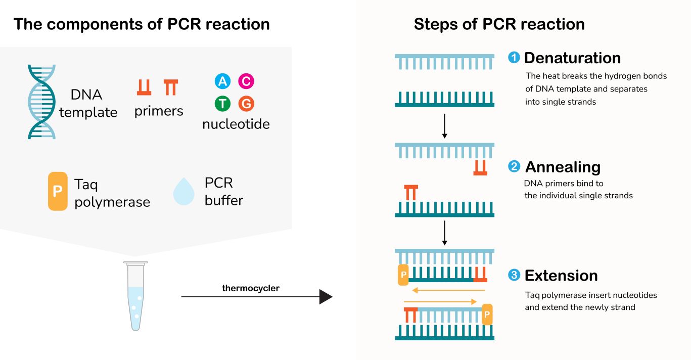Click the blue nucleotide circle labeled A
pyautogui.click(x=222, y=81)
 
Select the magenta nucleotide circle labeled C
pyautogui.click(x=246, y=81)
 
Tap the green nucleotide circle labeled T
pyautogui.click(x=222, y=104)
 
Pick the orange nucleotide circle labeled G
pyautogui.click(x=246, y=104)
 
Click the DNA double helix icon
pyautogui.click(x=41, y=102)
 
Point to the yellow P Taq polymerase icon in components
pyautogui.click(x=58, y=191)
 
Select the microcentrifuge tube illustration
pyautogui.click(x=135, y=295)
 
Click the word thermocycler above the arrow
pyautogui.click(x=251, y=288)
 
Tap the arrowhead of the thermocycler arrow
pyautogui.click(x=326, y=297)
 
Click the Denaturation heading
pyautogui.click(x=572, y=58)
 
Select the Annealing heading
pyautogui.click(x=563, y=167)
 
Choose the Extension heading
pyautogui.click(x=561, y=276)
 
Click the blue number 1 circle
pyautogui.click(x=514, y=58)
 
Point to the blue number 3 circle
pyautogui.click(x=514, y=276)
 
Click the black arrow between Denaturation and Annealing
pyautogui.click(x=444, y=126)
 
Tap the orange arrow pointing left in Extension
pyautogui.click(x=447, y=290)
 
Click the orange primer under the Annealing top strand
pyautogui.click(x=480, y=168)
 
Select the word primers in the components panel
pyautogui.click(x=159, y=111)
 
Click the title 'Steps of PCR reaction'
pyautogui.click(x=499, y=24)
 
